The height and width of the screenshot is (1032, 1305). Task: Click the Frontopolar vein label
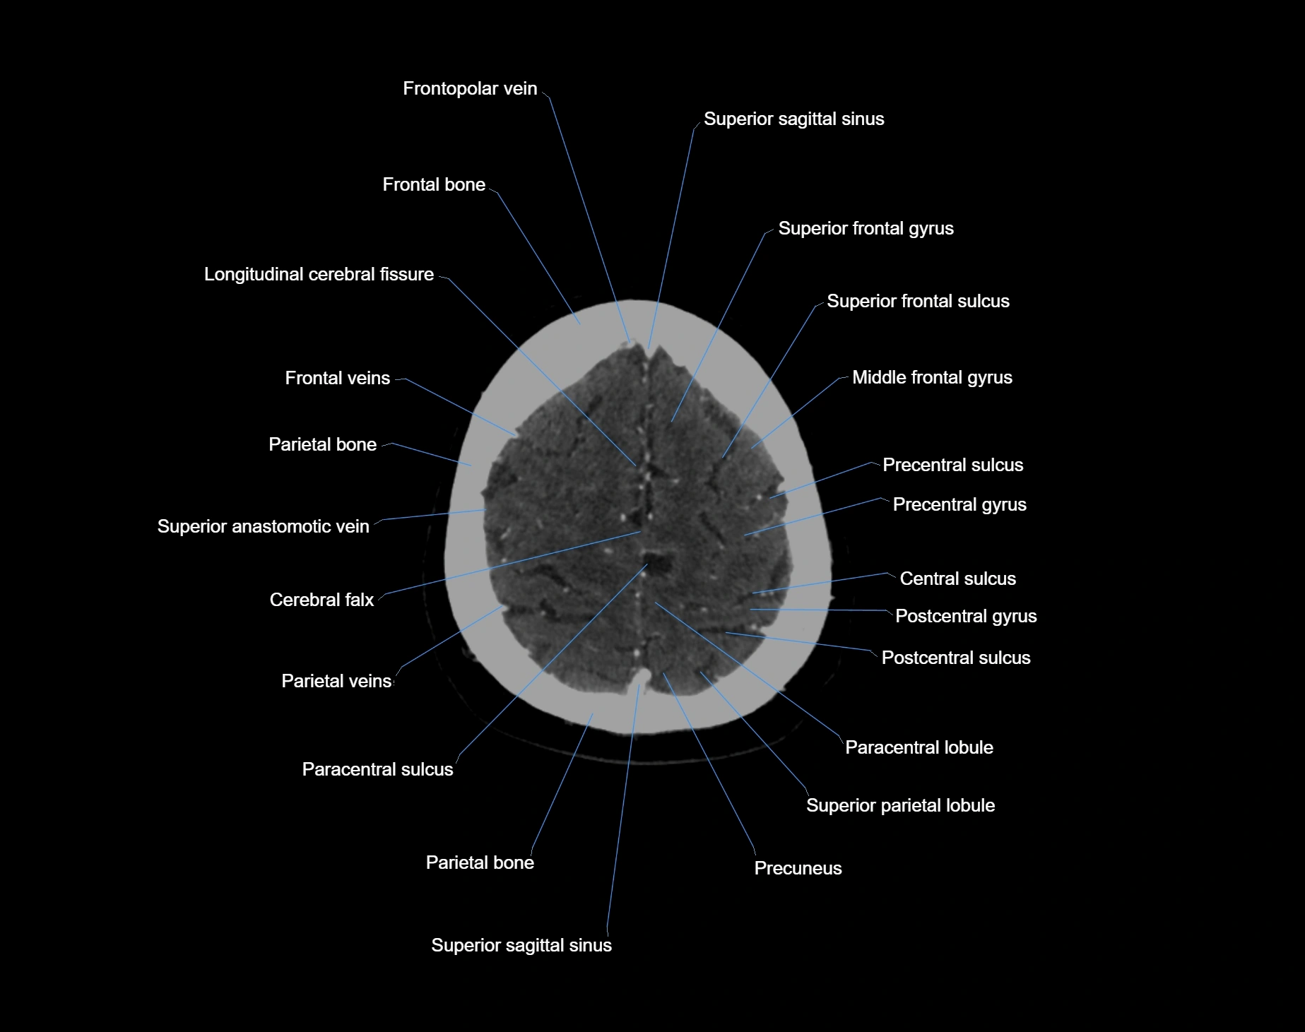click(x=470, y=89)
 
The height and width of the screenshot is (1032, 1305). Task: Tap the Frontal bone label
click(x=434, y=185)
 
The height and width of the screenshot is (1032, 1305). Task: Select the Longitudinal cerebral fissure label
click(x=319, y=275)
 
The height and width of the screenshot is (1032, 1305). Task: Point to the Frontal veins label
click(x=337, y=379)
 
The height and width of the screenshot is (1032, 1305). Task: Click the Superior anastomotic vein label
click(x=263, y=527)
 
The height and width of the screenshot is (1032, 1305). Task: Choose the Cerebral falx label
click(x=321, y=600)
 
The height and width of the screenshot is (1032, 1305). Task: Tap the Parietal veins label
click(x=336, y=682)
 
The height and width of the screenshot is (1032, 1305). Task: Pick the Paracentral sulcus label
click(x=377, y=770)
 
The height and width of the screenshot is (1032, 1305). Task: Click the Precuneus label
click(x=798, y=869)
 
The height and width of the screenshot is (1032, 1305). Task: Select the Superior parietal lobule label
click(x=900, y=806)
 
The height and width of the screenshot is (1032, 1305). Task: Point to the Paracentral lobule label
click(x=919, y=748)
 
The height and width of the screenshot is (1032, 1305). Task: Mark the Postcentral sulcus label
click(x=955, y=658)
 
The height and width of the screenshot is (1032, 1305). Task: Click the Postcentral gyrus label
click(x=965, y=617)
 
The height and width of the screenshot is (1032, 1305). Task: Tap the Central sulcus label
click(x=957, y=579)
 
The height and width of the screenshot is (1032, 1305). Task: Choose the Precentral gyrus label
click(x=959, y=505)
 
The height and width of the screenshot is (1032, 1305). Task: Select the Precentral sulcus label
click(x=952, y=465)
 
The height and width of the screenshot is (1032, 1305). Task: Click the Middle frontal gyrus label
click(x=931, y=378)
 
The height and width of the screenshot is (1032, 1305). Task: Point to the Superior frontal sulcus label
click(x=917, y=302)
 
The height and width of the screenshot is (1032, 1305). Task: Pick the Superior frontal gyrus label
click(x=866, y=229)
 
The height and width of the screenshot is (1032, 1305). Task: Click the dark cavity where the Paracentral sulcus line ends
click(x=659, y=562)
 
